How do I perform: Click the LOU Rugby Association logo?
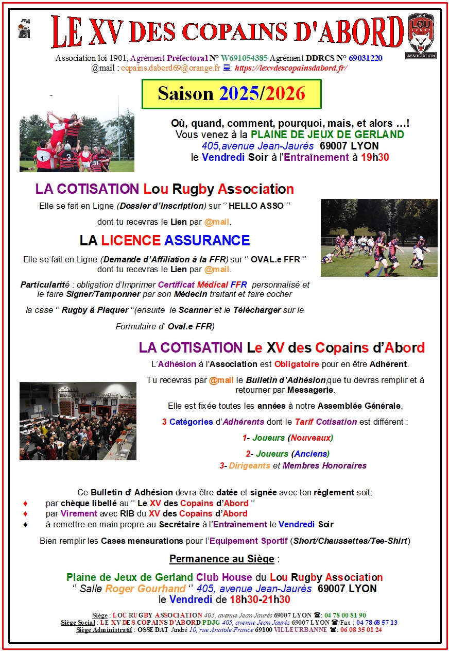[421, 36]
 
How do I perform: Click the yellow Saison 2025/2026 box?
[232, 94]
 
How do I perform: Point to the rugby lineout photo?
[77, 140]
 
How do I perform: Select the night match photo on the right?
[378, 238]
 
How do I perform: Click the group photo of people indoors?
[78, 421]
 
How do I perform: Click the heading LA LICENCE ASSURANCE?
[165, 240]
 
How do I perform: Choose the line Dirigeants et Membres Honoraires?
[297, 465]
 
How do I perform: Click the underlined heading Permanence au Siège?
[224, 559]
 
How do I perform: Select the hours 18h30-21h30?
[260, 599]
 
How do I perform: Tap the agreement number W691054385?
[245, 58]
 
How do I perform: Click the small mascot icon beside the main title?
[24, 29]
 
